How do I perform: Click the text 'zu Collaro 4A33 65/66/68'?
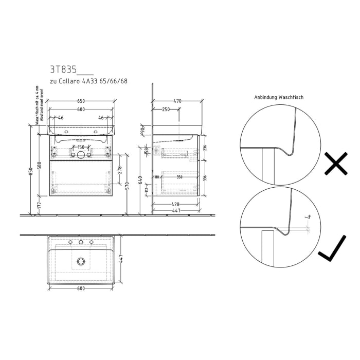click(x=88, y=81)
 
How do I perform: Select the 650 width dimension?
click(x=81, y=101)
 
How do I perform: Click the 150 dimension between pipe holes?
click(x=81, y=148)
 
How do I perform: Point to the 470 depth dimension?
click(x=177, y=101)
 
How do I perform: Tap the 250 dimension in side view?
click(x=166, y=109)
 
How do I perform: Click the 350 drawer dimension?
click(x=179, y=177)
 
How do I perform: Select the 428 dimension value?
click(x=175, y=204)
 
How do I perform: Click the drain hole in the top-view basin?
click(x=81, y=262)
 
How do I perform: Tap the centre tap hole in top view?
click(x=81, y=242)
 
